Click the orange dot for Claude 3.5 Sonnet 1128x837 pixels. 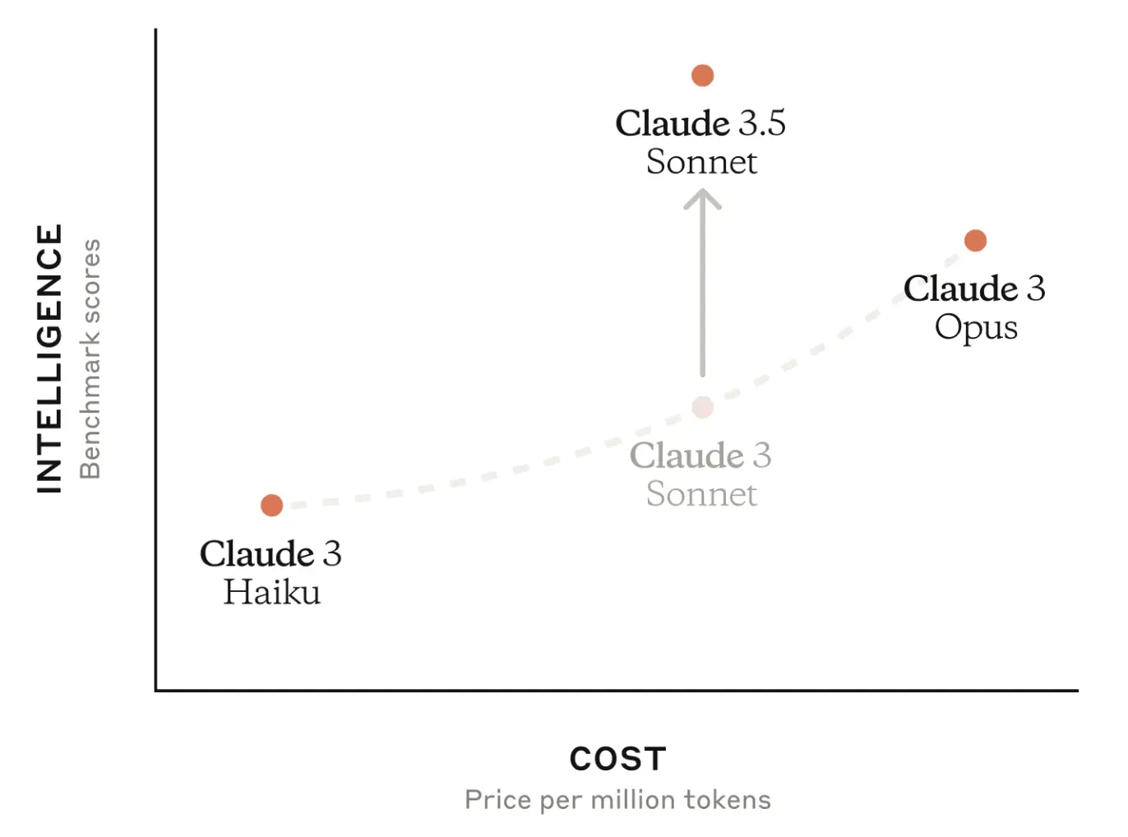coord(702,76)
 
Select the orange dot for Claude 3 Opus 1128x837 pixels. coord(975,240)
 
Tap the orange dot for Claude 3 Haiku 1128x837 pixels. coord(271,505)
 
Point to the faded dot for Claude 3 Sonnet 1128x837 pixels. coord(702,407)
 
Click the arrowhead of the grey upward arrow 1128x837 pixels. coord(702,198)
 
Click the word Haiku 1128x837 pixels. coord(271,592)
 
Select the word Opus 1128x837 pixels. coord(976,327)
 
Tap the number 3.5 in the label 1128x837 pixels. coord(761,123)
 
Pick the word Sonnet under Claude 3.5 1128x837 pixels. coord(701,162)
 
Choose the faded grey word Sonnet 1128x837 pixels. coord(701,494)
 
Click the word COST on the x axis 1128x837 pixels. coord(617,759)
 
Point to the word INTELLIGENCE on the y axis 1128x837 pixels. coord(50,358)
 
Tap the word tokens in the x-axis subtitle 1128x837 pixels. coord(728,799)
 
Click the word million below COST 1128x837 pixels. coord(634,799)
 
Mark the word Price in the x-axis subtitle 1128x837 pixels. coord(498,799)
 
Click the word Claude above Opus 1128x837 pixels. coord(960,289)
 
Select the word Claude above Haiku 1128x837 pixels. coord(257,553)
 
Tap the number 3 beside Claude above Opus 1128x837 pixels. coord(1036,289)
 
